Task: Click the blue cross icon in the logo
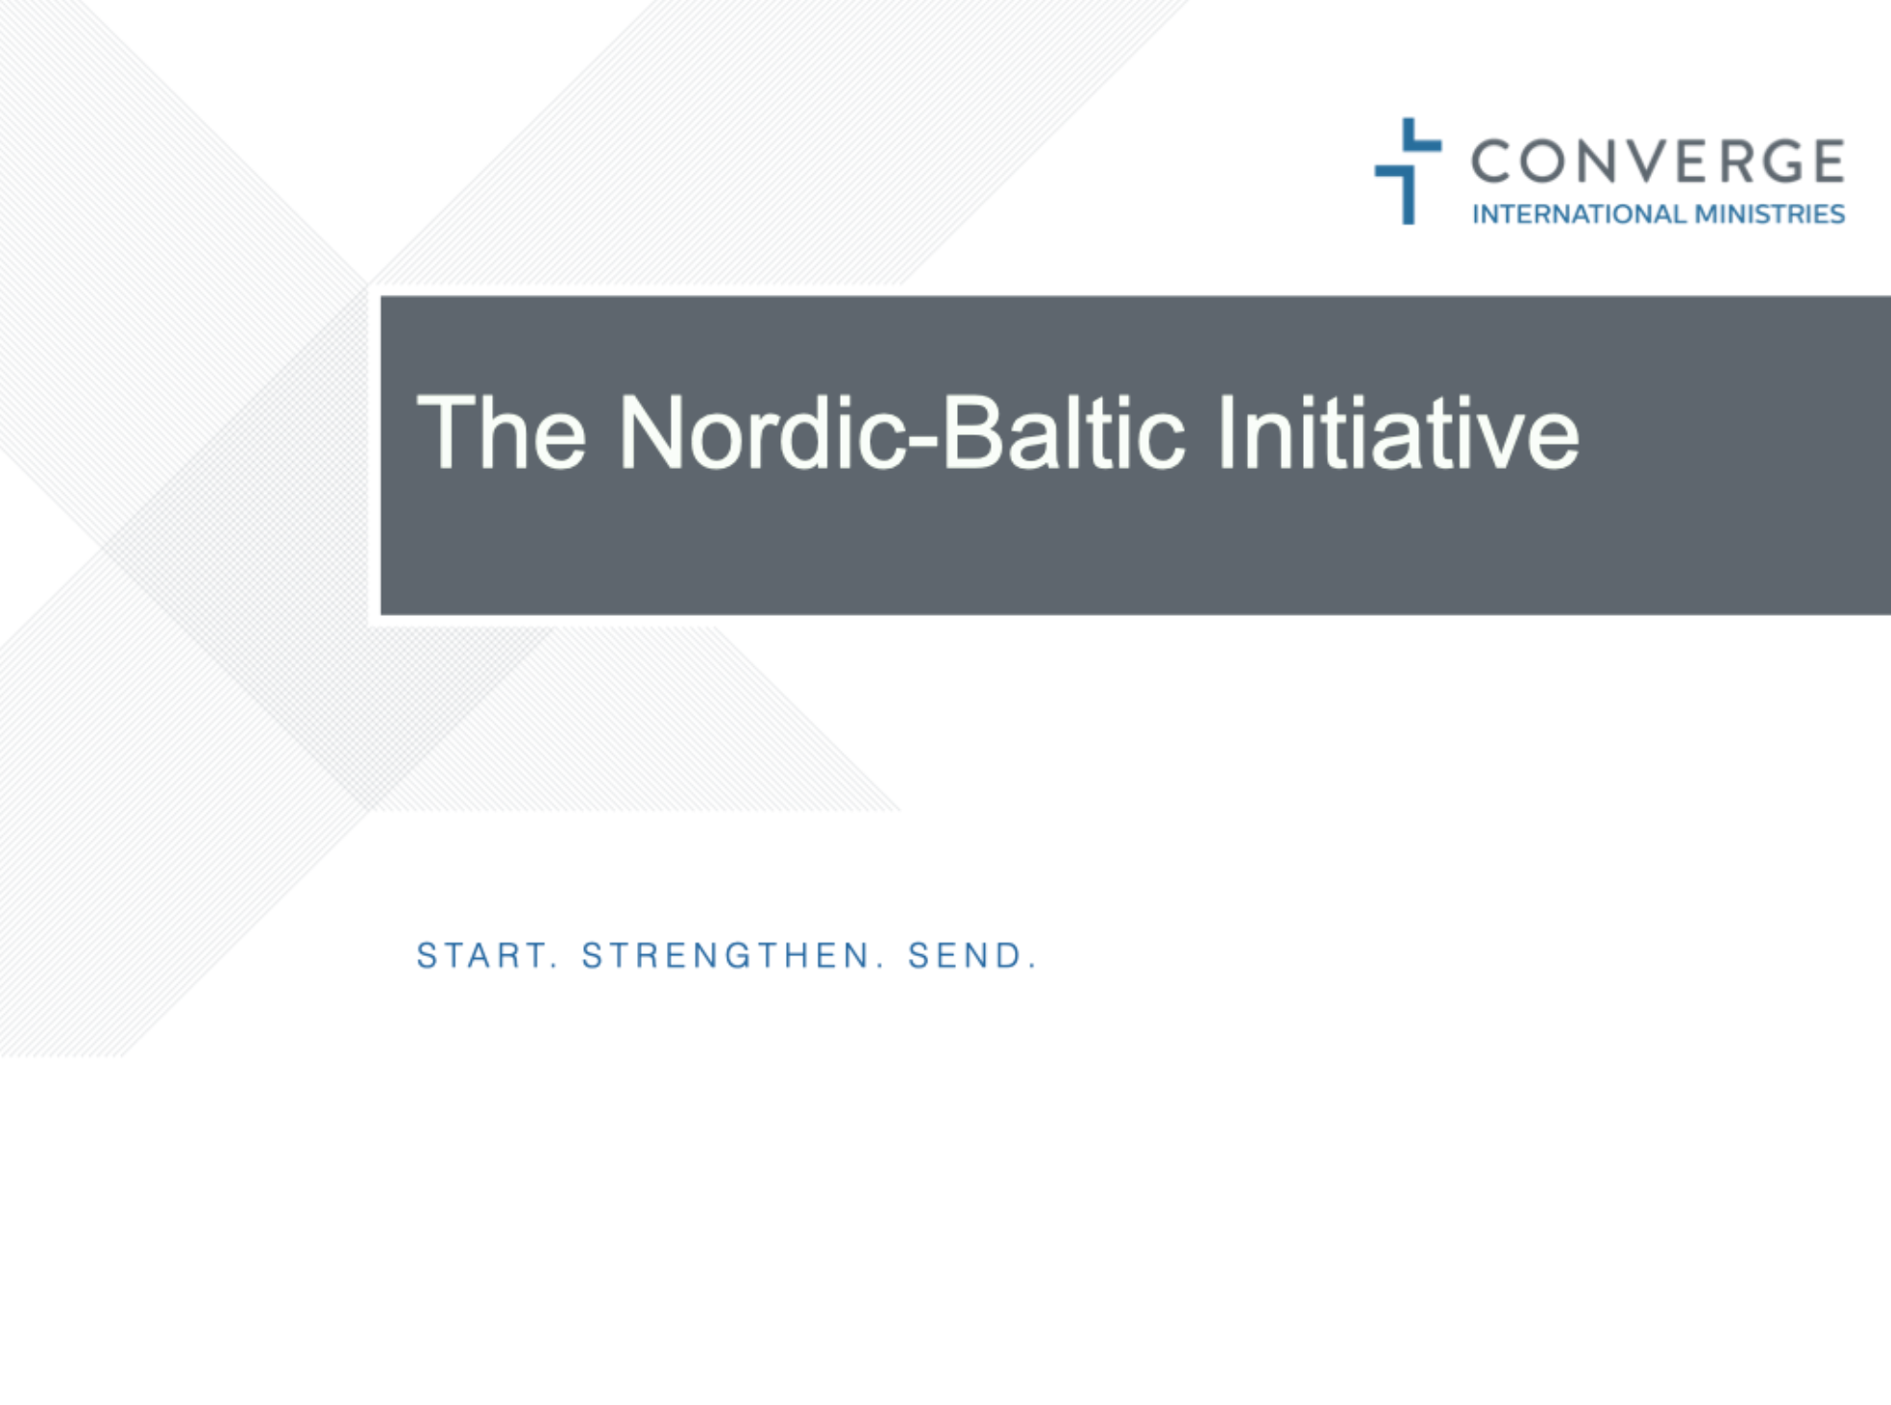click(1408, 171)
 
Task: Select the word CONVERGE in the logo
click(1658, 160)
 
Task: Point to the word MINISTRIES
click(1769, 213)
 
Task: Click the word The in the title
click(502, 432)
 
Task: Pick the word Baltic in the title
click(1064, 432)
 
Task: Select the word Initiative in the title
click(1399, 432)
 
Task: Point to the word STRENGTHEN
click(725, 955)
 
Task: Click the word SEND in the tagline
click(964, 955)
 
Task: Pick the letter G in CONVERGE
click(1770, 160)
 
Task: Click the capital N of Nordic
click(653, 432)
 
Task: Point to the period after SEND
click(1032, 967)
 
